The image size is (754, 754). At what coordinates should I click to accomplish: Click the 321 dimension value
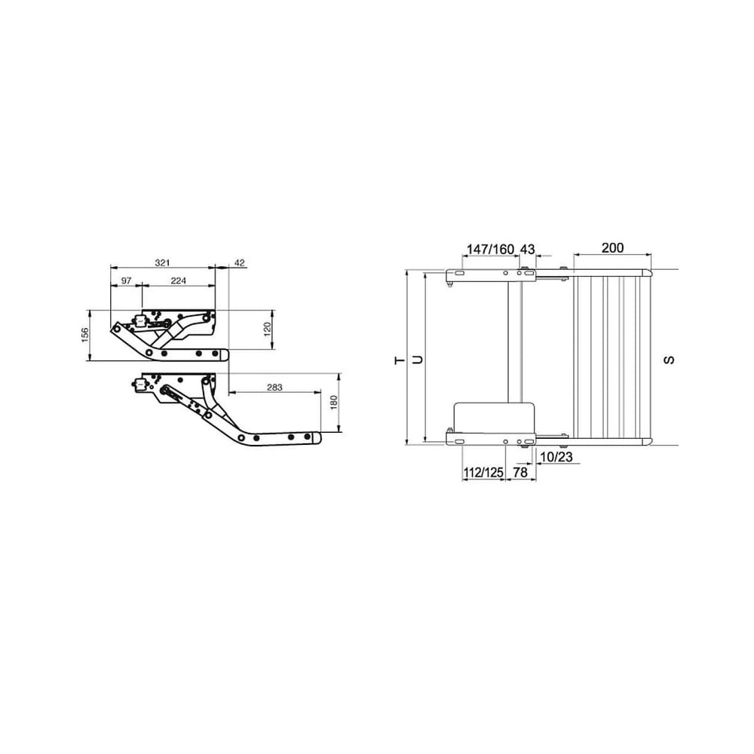(163, 262)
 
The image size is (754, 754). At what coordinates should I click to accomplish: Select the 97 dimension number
(126, 280)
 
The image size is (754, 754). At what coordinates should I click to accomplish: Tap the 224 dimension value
(179, 280)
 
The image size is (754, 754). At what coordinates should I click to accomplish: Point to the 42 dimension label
(240, 262)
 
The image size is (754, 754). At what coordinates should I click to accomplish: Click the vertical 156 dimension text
(85, 336)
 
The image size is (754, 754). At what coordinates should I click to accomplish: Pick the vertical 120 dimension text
(268, 329)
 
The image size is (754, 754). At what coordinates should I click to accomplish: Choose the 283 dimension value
(274, 387)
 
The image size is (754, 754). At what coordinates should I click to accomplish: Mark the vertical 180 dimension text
(334, 403)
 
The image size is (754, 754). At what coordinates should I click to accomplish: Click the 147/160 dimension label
(491, 249)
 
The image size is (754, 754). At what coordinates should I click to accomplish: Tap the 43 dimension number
(528, 249)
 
